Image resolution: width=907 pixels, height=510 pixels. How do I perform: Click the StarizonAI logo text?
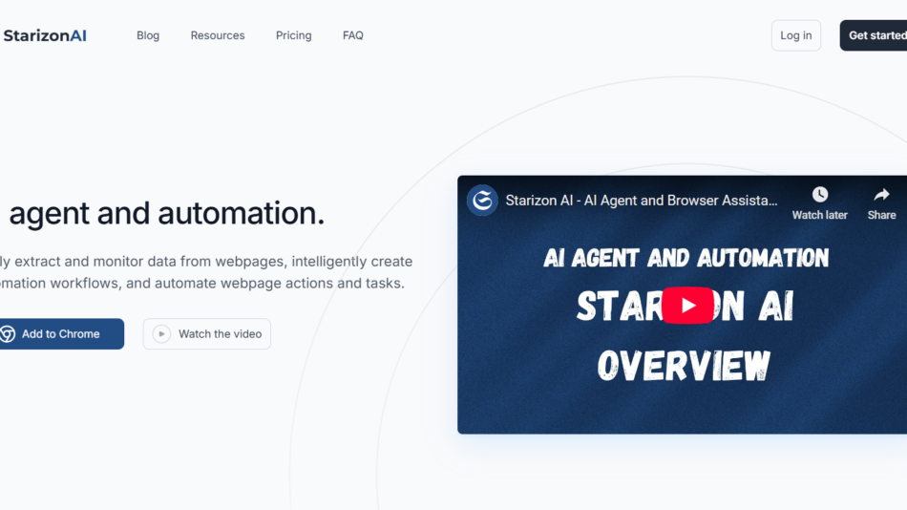tap(45, 35)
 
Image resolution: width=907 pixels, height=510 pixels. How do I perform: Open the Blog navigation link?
tap(148, 35)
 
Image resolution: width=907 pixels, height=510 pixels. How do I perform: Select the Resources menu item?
tap(218, 35)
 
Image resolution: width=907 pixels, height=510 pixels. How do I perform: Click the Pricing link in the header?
tap(293, 35)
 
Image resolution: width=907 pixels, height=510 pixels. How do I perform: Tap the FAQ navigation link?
tap(353, 35)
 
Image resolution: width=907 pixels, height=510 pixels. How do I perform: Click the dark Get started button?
tap(875, 35)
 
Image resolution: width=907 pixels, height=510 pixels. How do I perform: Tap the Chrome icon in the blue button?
tap(8, 334)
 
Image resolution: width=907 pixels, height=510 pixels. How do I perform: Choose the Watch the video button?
tap(207, 334)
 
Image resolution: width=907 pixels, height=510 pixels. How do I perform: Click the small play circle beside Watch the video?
tap(161, 334)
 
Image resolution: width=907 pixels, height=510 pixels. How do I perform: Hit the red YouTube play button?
tap(687, 306)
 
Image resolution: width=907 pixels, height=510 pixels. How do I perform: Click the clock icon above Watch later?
tap(819, 195)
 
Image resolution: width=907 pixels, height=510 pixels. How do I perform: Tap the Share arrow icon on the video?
tap(881, 195)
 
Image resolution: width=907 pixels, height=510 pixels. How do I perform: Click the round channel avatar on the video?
tap(482, 201)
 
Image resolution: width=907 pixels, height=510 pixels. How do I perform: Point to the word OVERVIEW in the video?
tap(684, 365)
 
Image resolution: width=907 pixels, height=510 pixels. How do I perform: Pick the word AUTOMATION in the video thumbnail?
tap(763, 258)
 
